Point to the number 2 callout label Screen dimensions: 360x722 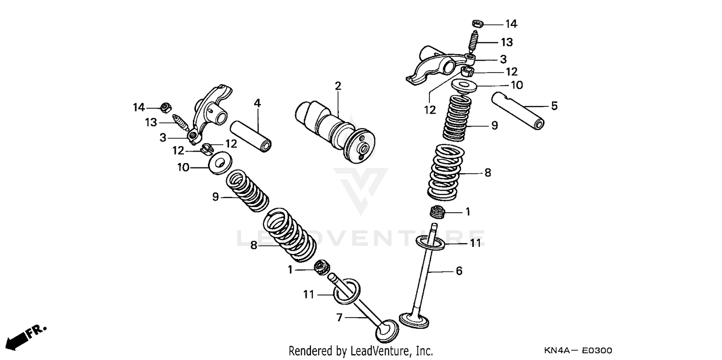pos(338,86)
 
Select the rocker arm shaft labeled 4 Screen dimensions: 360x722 pos(250,135)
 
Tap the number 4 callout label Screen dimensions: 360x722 pos(258,103)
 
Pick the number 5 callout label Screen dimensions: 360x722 pos(554,106)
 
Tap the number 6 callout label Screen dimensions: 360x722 pos(459,271)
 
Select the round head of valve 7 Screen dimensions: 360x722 pos(387,332)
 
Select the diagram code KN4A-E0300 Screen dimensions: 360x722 pos(578,350)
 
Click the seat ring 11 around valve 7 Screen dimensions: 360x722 pos(346,292)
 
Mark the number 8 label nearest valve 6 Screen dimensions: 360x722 pos(488,172)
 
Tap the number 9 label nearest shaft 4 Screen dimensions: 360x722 pos(216,196)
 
